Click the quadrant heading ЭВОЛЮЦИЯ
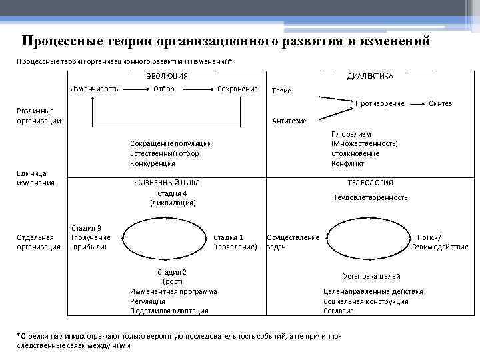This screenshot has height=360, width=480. click(x=167, y=76)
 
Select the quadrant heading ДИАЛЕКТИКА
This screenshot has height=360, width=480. click(x=370, y=76)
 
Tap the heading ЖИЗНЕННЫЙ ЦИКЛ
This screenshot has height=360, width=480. click(x=167, y=183)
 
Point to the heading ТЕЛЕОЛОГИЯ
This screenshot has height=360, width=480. click(x=370, y=183)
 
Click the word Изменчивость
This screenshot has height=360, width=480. click(x=94, y=89)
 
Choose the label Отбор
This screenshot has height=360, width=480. click(x=164, y=89)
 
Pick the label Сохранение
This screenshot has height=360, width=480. click(x=237, y=89)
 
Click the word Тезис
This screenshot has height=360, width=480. click(x=281, y=91)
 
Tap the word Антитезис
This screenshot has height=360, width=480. click(x=289, y=121)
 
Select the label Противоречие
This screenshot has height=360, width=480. click(x=381, y=103)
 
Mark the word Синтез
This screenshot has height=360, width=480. click(x=440, y=103)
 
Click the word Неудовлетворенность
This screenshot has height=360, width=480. click(x=369, y=197)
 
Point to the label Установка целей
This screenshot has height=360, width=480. click(x=371, y=276)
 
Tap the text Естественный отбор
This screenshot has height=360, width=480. click(x=164, y=153)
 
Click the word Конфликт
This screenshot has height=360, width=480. click(x=347, y=163)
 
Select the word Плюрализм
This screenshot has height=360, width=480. click(x=351, y=134)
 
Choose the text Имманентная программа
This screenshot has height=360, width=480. click(x=173, y=291)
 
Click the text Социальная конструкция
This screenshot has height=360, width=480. click(x=366, y=301)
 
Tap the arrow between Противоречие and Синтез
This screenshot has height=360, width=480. click(x=417, y=104)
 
